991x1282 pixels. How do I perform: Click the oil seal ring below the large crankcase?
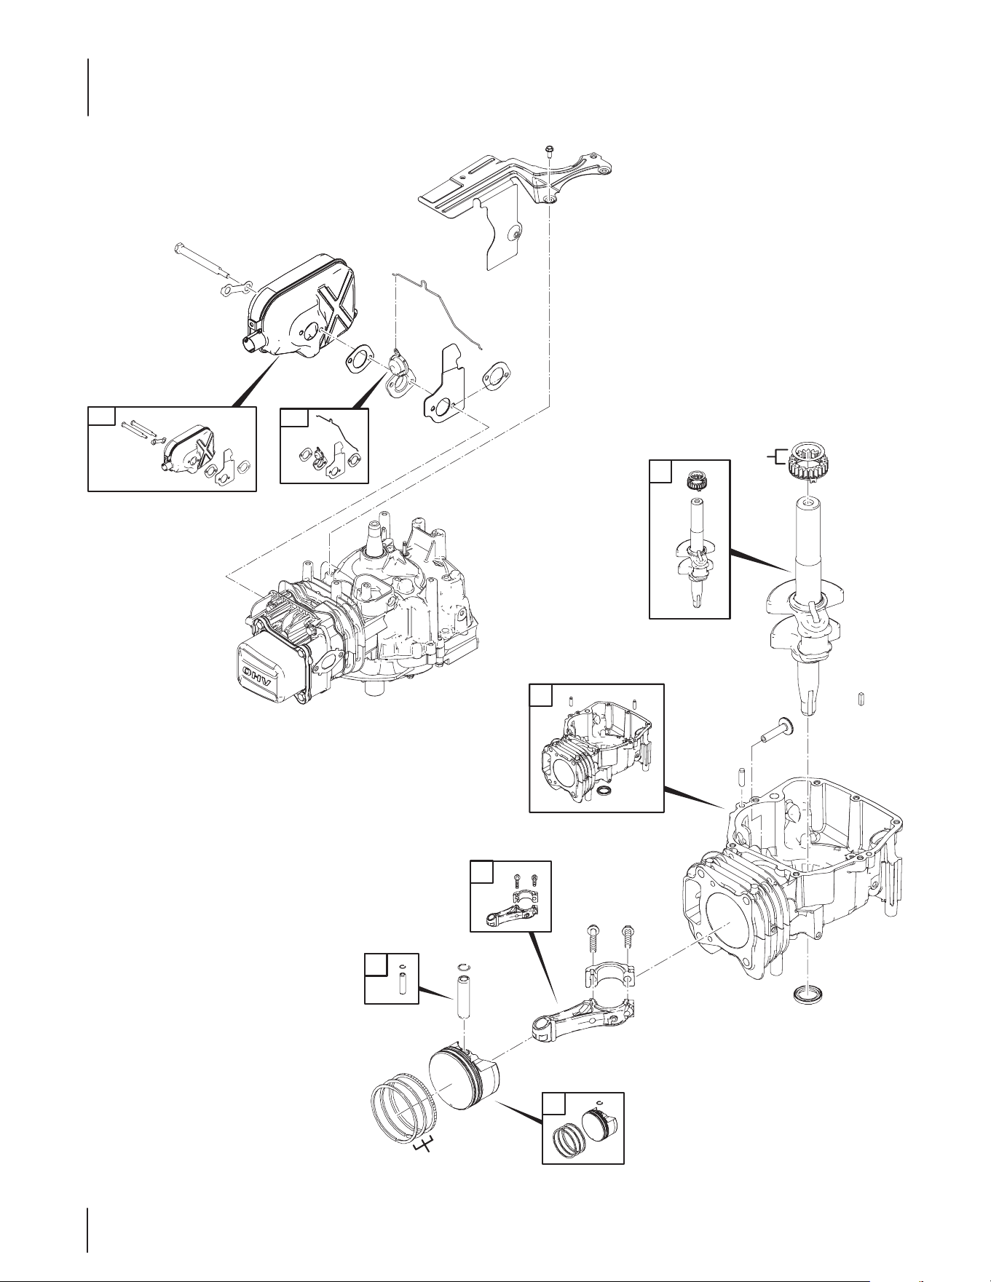point(805,994)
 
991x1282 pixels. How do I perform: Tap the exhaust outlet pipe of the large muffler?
point(249,340)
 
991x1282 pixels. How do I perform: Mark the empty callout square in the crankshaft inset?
point(660,472)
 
